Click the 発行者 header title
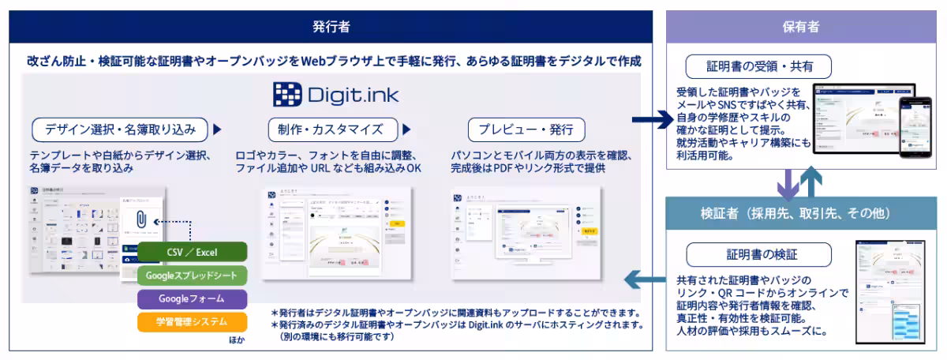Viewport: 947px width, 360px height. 331,26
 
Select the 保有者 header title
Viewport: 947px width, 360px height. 800,26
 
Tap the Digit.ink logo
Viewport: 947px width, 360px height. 336,96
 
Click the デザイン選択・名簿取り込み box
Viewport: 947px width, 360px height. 120,129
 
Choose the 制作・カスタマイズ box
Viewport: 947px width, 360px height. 330,129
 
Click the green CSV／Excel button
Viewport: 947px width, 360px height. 192,253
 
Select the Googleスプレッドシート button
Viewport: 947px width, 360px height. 192,276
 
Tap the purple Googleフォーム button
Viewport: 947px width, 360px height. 192,298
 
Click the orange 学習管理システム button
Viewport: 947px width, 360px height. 192,321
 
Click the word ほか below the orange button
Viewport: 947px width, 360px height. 237,340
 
